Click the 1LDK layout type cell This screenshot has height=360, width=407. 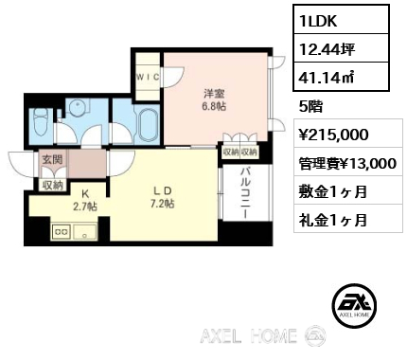[x=341, y=19]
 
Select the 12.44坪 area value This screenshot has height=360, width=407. [x=341, y=48]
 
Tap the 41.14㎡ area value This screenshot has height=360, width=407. [x=341, y=77]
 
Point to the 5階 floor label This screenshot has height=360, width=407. [x=310, y=107]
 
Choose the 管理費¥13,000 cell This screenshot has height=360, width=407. [x=348, y=162]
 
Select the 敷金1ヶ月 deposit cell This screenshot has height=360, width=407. [x=348, y=190]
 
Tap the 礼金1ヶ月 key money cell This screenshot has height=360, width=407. [x=348, y=219]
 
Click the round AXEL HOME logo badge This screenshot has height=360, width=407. [x=355, y=304]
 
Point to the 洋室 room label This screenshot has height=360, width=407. [x=214, y=94]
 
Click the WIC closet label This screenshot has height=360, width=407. [x=148, y=77]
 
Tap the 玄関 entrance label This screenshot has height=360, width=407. [x=52, y=159]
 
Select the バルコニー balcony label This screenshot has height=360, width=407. [x=246, y=193]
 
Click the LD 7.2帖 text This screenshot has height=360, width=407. [x=162, y=197]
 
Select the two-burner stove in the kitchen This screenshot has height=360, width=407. [x=62, y=231]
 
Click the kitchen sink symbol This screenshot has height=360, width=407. [x=85, y=232]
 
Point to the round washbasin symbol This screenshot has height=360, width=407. [x=77, y=107]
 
